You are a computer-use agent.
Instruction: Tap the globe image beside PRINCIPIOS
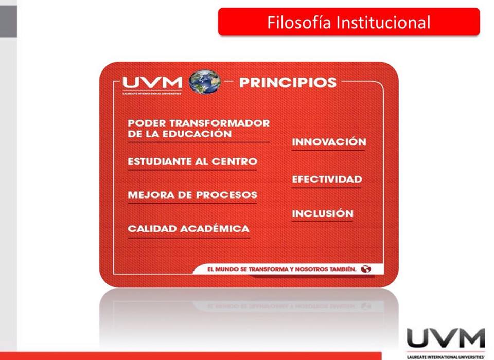point(205,82)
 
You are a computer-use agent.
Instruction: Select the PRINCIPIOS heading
point(288,82)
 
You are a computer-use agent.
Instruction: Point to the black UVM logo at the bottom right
point(446,339)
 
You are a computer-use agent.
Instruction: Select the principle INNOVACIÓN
point(329,142)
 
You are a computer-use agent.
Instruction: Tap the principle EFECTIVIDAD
point(327,179)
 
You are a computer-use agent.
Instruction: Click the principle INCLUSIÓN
point(323,213)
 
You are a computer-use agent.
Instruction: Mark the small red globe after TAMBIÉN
point(366,269)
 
